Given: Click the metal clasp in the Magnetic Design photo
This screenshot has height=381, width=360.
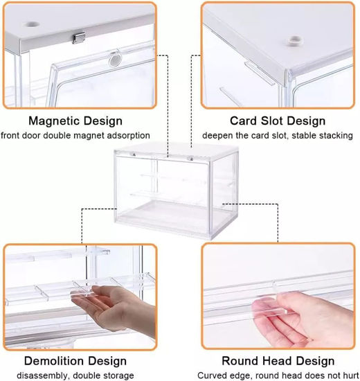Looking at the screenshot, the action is [78, 38].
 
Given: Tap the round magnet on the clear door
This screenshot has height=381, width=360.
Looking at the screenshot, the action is [114, 59].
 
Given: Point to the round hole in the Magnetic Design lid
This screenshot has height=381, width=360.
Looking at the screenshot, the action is [32, 25].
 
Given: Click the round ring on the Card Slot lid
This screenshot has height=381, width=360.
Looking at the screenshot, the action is [294, 40].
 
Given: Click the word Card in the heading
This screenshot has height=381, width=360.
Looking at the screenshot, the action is [244, 121].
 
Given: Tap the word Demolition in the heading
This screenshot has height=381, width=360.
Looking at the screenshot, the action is [54, 361].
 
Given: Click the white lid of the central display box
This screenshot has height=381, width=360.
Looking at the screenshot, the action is [177, 150].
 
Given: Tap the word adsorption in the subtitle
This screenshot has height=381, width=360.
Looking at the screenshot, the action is [129, 135].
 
